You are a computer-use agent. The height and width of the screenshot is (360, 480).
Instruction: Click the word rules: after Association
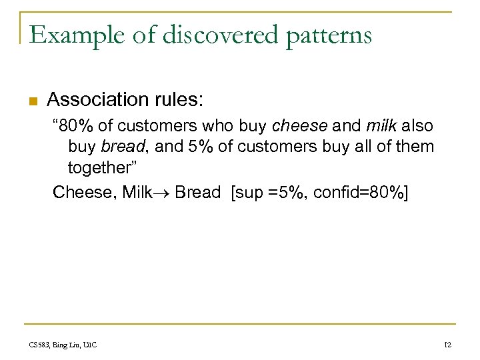(181, 100)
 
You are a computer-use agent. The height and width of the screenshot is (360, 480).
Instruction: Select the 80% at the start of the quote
(75, 126)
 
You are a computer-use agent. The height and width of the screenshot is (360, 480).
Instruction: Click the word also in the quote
(417, 126)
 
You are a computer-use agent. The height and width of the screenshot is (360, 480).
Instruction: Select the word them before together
(417, 146)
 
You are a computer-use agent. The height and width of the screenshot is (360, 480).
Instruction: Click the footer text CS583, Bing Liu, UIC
(63, 344)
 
